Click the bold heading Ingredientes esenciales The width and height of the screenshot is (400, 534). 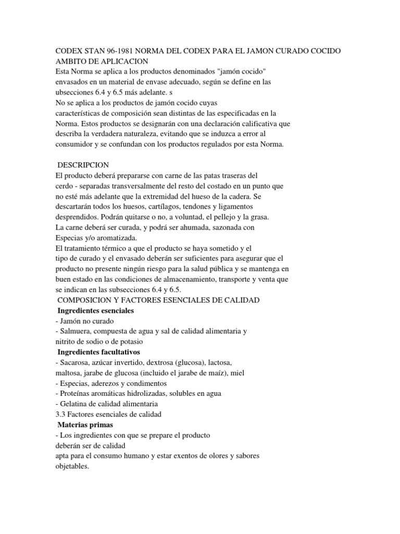click(95, 310)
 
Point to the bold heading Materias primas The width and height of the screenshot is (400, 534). click(85, 425)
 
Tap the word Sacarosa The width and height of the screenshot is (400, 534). click(78, 362)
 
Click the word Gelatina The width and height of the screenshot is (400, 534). click(77, 404)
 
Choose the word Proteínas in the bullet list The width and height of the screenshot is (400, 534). click(78, 394)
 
